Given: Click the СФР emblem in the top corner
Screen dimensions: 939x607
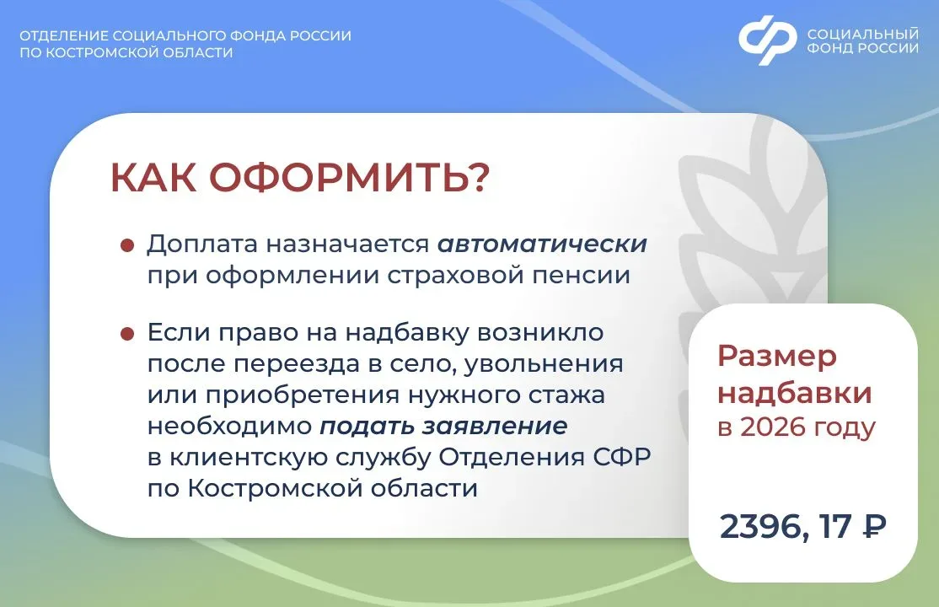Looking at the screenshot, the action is coord(768,40).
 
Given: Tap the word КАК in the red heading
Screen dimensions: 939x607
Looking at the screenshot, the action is coord(154,177).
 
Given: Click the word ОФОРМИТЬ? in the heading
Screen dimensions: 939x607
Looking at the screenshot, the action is coord(349,177).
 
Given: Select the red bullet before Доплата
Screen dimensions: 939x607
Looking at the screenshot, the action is coord(127,245).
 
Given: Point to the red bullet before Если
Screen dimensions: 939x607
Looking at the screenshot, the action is coord(127,333).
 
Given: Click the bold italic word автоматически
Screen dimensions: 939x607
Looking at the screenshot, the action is coord(542,244).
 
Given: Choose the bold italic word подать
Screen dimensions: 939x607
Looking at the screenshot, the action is coord(368,427).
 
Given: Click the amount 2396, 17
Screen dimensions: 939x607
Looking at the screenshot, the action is coord(785,527).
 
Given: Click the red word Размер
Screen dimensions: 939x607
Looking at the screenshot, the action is coord(776,357).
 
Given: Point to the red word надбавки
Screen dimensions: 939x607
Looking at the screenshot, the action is coord(794,394).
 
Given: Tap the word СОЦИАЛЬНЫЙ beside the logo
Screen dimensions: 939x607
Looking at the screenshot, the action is coord(862,34).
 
